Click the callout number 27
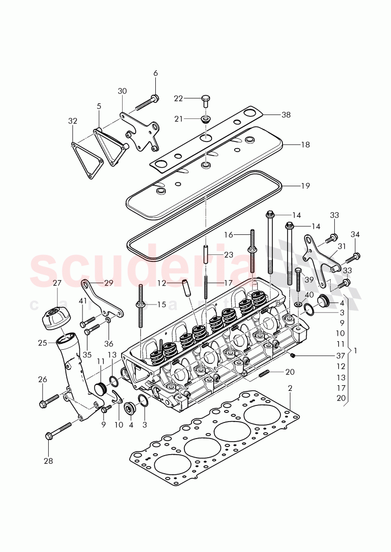(x=57, y=284)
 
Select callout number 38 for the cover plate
(x=285, y=115)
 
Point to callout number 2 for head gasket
(x=290, y=388)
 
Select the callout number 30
(x=123, y=91)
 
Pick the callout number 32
(x=73, y=121)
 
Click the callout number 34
(x=355, y=234)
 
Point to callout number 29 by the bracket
(x=109, y=283)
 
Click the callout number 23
(x=229, y=255)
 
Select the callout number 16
(x=229, y=234)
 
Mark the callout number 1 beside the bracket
(x=356, y=350)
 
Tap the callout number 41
(x=83, y=301)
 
